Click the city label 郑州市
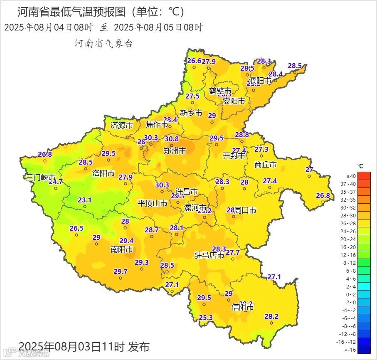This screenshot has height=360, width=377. (175, 151)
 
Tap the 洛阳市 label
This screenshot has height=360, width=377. (103, 173)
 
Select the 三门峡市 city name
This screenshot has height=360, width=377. (41, 177)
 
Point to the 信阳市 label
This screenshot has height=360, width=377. (242, 308)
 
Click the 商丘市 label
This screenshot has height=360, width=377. (265, 165)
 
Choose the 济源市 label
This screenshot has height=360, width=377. (121, 125)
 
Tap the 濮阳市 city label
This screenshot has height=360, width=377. (260, 80)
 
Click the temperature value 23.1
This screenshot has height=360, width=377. (85, 200)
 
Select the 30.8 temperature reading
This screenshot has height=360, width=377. (172, 139)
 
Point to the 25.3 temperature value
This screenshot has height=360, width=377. (206, 318)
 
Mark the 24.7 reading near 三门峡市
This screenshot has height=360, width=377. (56, 182)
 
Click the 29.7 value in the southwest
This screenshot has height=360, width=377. (121, 271)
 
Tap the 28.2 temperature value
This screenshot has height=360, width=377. (271, 316)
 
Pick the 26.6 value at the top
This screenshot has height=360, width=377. (194, 61)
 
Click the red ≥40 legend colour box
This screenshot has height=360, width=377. (364, 175)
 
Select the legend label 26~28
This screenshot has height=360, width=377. (349, 223)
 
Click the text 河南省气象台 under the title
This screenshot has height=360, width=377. (103, 43)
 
